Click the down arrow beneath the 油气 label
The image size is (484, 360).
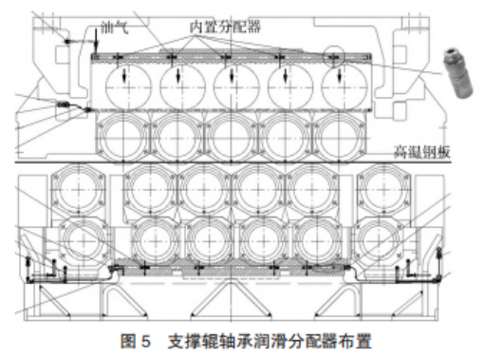(99, 43)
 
